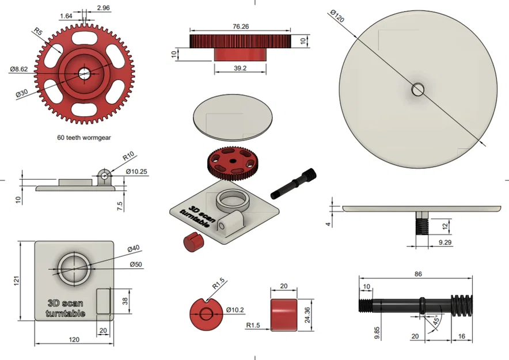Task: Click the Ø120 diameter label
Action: [x=337, y=16]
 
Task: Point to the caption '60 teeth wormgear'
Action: [x=84, y=138]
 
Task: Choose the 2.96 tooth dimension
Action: [x=104, y=8]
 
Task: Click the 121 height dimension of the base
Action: [x=17, y=281]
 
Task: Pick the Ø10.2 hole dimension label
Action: [x=236, y=310]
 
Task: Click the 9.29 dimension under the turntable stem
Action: [x=445, y=244]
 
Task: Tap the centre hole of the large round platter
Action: [x=418, y=89]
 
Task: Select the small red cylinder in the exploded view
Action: [x=191, y=242]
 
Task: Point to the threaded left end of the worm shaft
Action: [x=365, y=305]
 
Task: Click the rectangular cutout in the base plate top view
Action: [x=104, y=301]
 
